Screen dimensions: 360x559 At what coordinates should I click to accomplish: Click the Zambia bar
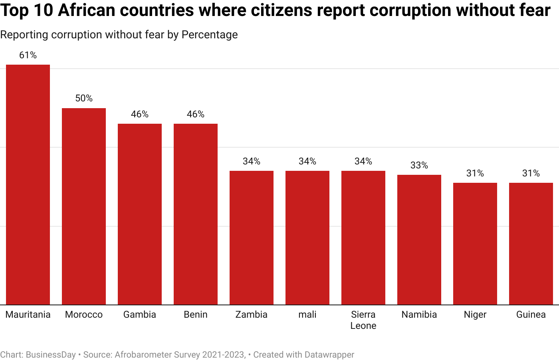pyautogui.click(x=252, y=238)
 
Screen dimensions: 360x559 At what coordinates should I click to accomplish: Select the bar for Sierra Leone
pyautogui.click(x=363, y=238)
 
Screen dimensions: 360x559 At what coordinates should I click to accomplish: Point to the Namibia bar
pyautogui.click(x=419, y=240)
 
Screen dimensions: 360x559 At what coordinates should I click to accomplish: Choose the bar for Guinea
pyautogui.click(x=531, y=244)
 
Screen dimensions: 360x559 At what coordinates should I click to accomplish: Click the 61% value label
pyautogui.click(x=28, y=55)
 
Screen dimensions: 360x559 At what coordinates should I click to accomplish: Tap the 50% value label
pyautogui.click(x=84, y=98)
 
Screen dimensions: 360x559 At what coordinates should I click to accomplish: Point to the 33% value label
pyautogui.click(x=419, y=165)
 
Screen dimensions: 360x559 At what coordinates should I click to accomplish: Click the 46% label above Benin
pyautogui.click(x=196, y=114)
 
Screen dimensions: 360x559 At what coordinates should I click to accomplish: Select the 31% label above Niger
pyautogui.click(x=475, y=173)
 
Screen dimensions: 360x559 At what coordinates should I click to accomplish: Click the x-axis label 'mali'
pyautogui.click(x=307, y=315)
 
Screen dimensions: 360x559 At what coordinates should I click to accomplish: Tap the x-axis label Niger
pyautogui.click(x=475, y=315)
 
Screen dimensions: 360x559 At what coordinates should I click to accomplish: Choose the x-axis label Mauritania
pyautogui.click(x=28, y=315)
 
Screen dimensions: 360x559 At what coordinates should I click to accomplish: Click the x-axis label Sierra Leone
pyautogui.click(x=363, y=320)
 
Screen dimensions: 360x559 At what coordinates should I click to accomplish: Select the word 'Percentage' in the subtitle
pyautogui.click(x=210, y=35)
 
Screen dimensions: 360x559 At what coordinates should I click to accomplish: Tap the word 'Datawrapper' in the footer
pyautogui.click(x=329, y=354)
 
